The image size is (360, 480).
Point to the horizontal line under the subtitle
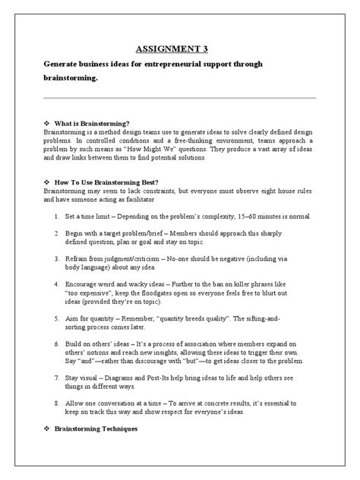point(179,98)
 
